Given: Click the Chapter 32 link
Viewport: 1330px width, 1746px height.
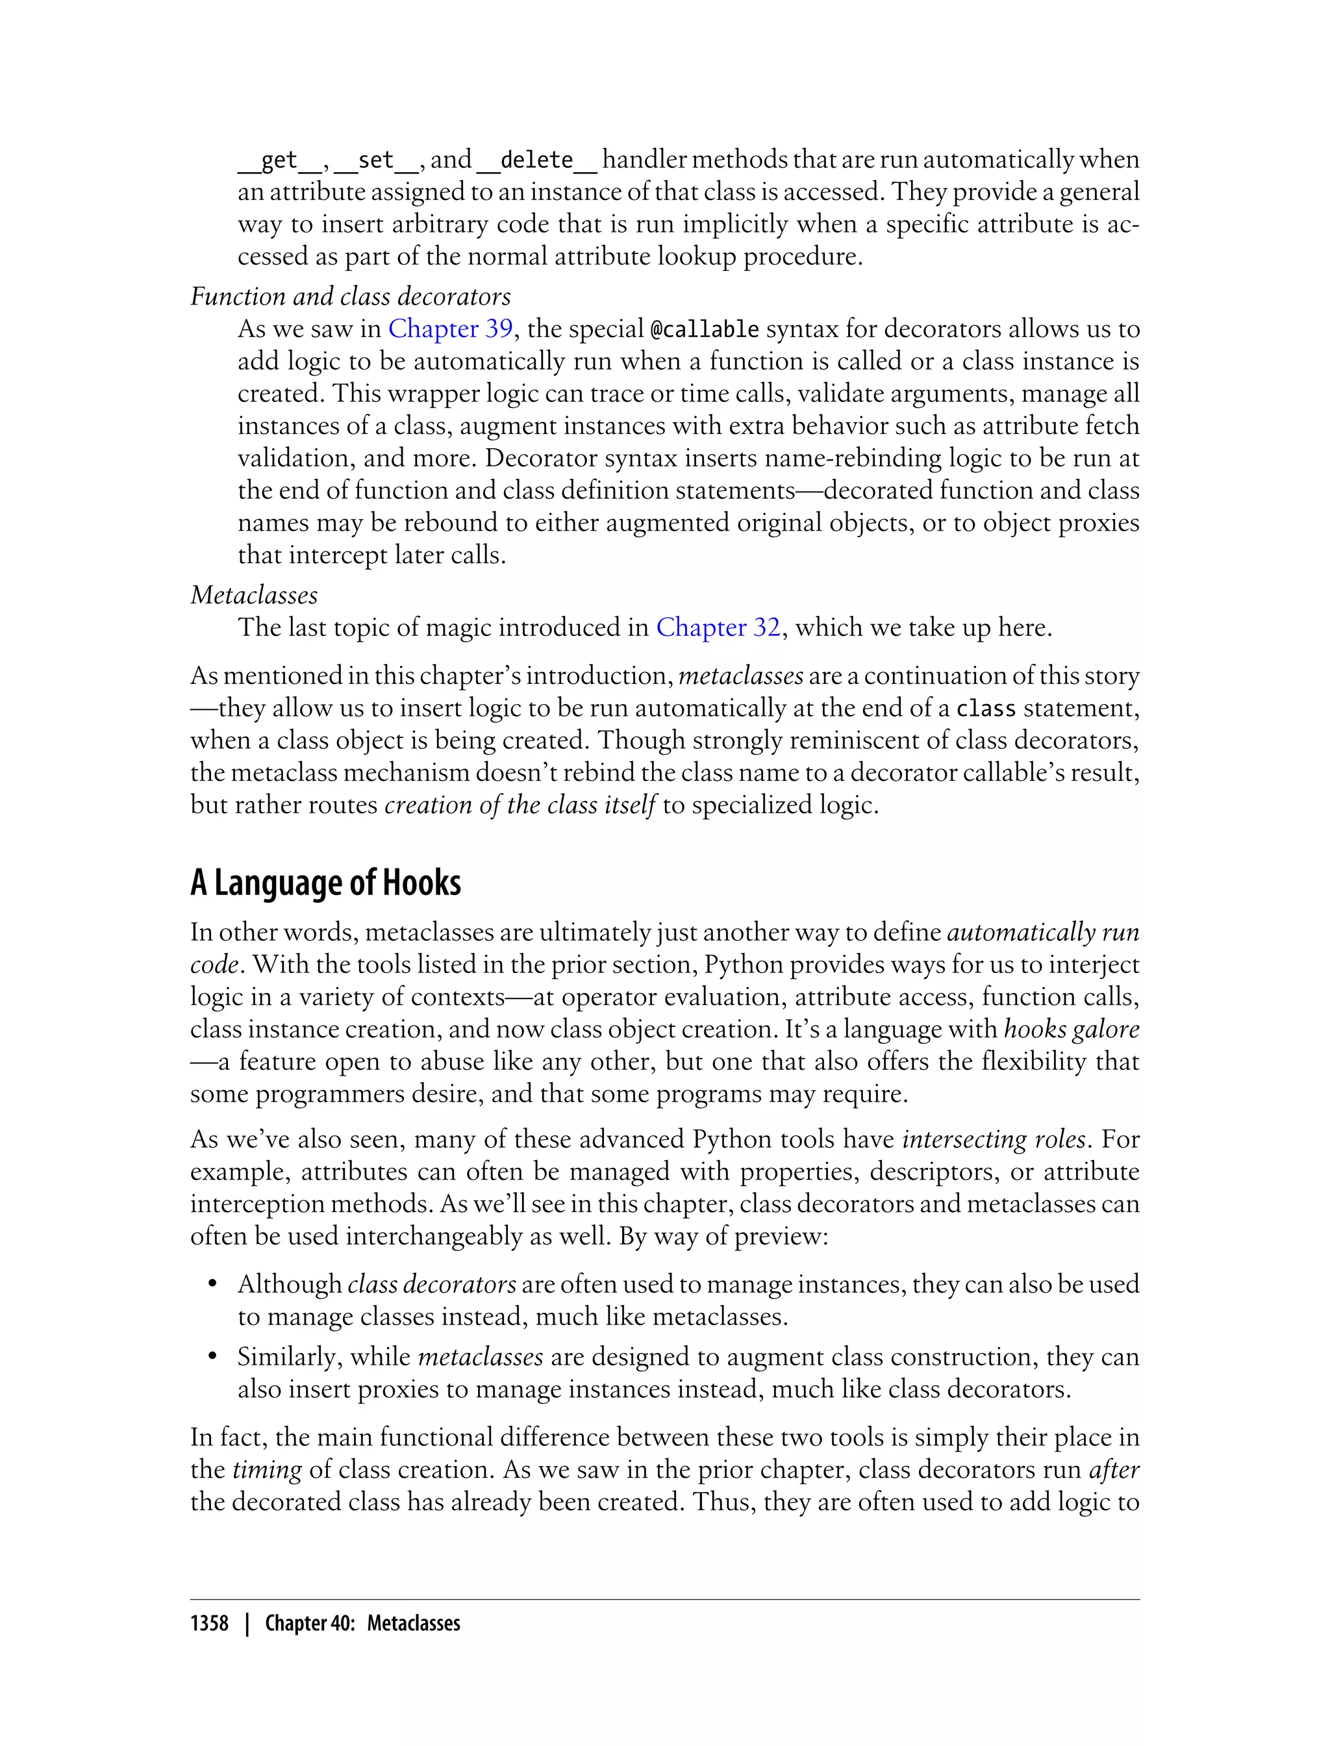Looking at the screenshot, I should tap(718, 627).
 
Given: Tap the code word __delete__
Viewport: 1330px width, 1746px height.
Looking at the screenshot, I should tap(537, 160).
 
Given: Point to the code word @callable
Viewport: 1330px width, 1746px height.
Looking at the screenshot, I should tap(704, 329).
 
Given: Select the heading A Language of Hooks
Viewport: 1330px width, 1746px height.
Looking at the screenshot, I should tap(325, 883).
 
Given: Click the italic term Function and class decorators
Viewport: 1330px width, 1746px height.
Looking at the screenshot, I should tap(351, 296).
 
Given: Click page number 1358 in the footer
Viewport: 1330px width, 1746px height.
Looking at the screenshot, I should tap(209, 1624).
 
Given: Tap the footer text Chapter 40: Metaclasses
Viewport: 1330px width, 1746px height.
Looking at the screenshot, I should tap(362, 1624).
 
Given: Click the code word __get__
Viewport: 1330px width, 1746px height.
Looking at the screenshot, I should tap(279, 160).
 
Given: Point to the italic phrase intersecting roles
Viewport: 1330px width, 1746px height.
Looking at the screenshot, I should tap(994, 1139).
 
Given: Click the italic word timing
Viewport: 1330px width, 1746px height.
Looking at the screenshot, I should tap(267, 1470).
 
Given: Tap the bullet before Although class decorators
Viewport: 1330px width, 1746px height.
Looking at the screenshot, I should tap(212, 1284).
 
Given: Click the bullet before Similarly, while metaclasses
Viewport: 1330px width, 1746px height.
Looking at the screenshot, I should tap(212, 1357).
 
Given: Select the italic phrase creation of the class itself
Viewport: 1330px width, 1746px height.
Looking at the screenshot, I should tap(520, 805).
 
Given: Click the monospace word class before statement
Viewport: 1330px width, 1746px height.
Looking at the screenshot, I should tap(986, 708).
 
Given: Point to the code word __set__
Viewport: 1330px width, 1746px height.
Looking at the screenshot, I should tap(376, 160).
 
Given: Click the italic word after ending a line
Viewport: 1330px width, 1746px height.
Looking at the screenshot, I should tap(1114, 1470).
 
